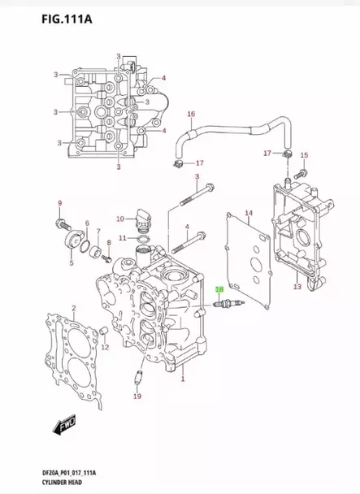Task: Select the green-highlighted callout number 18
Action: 218,288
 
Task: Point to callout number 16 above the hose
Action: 191,115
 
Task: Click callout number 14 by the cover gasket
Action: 249,213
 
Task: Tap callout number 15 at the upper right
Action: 304,155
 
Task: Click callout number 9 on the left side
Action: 59,202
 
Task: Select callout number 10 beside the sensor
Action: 120,219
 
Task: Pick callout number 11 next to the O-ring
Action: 123,238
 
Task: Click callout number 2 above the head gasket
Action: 73,307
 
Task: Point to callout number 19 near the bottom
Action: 137,396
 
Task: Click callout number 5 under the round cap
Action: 71,263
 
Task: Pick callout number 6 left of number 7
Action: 87,223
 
